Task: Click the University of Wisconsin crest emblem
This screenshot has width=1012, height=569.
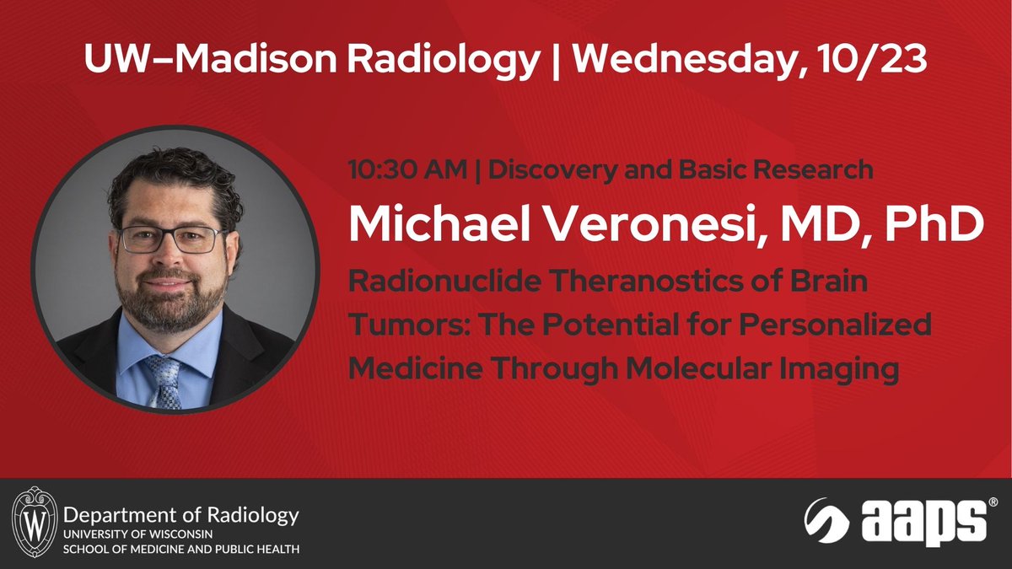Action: tap(35, 523)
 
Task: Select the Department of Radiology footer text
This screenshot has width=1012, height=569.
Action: tap(181, 514)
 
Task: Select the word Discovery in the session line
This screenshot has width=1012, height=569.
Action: tap(548, 169)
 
